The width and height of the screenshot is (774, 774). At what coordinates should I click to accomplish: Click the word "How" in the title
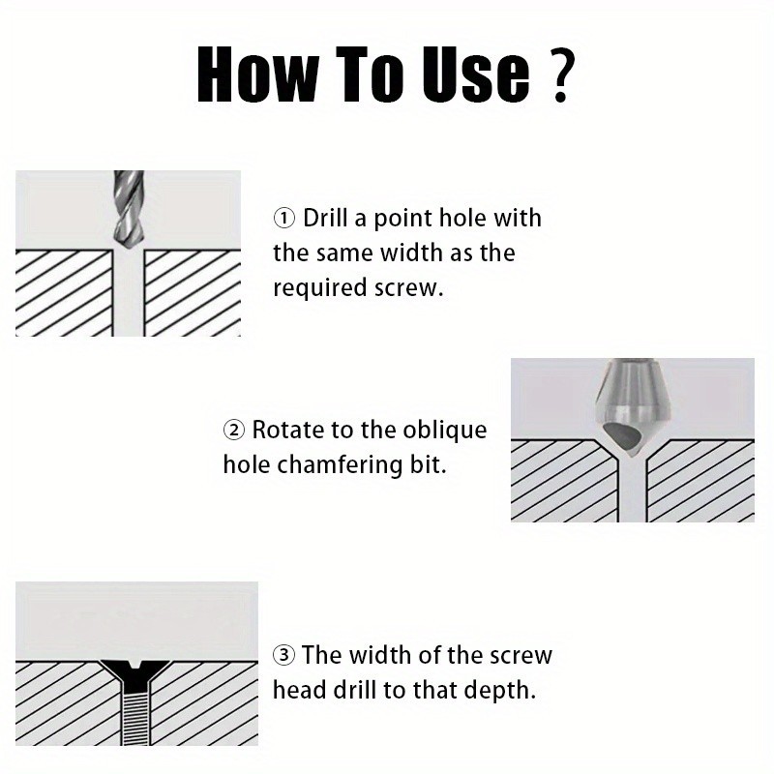point(256,74)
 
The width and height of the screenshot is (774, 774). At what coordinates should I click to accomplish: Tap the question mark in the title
point(561,74)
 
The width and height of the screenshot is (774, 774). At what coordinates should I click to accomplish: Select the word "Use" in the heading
point(476,74)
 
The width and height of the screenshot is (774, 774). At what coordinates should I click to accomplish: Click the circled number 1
point(284,219)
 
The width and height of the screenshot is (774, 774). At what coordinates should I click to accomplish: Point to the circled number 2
point(234,430)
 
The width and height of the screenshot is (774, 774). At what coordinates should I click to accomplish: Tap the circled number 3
point(283,656)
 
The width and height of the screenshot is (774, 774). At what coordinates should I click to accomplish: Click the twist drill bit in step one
point(129,208)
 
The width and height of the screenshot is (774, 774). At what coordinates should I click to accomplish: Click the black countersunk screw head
point(134,674)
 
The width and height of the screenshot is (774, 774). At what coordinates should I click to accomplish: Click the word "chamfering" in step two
point(340,465)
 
